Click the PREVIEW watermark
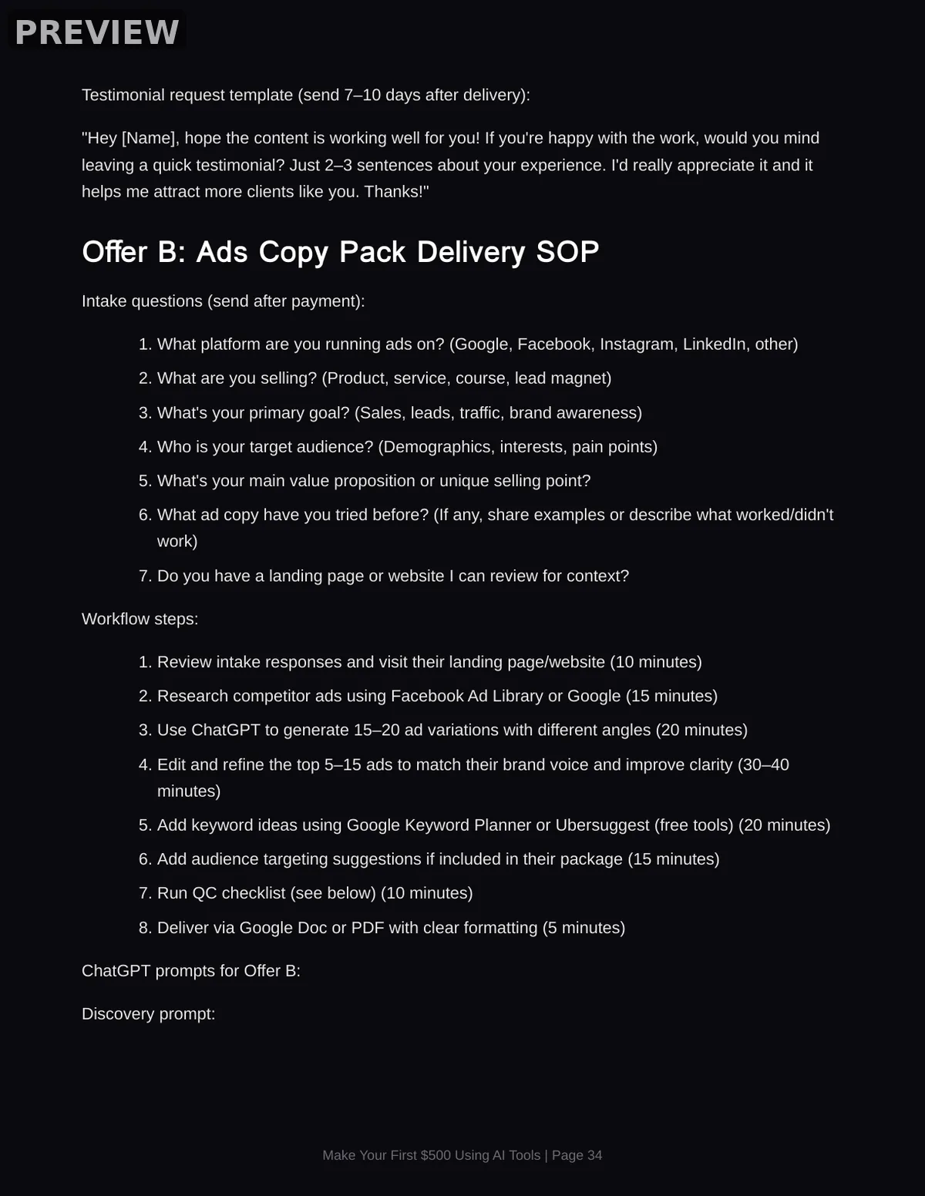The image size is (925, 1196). [x=97, y=32]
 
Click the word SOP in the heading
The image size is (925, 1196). [x=567, y=252]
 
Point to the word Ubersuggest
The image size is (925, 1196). [x=602, y=825]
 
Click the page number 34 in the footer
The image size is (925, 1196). [x=594, y=1155]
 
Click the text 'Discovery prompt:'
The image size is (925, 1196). [x=148, y=1013]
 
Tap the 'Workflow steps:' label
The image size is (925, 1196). [x=140, y=619]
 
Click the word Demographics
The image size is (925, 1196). [x=436, y=447]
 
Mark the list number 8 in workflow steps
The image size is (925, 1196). [x=144, y=927]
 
